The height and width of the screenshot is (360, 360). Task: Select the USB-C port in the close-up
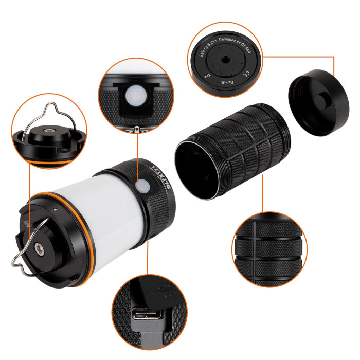point(148,314)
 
